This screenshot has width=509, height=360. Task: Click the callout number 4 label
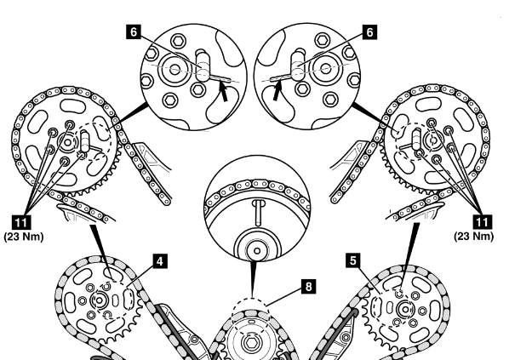tap(160, 261)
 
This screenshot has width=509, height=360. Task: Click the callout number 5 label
tap(353, 260)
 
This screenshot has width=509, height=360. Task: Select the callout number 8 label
tap(308, 287)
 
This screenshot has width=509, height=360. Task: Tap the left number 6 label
tap(134, 32)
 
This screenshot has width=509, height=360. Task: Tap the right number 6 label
tap(370, 32)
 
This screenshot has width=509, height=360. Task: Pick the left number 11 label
tap(21, 223)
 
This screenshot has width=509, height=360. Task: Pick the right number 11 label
tap(482, 222)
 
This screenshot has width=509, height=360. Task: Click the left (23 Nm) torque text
tap(24, 237)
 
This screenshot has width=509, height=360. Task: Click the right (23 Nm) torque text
tap(474, 237)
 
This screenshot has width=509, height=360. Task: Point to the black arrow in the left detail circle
tap(223, 92)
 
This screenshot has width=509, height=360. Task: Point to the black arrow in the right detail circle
tap(277, 91)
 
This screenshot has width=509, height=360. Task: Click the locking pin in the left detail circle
tap(203, 66)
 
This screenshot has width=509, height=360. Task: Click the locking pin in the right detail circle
tap(298, 65)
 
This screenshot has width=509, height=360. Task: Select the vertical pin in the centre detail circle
tap(258, 213)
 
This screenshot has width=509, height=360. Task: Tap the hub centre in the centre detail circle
tap(257, 251)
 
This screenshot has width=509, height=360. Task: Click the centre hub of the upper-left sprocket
tap(67, 142)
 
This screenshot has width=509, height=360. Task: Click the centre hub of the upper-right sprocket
tap(433, 140)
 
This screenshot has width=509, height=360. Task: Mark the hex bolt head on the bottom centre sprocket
tap(251, 343)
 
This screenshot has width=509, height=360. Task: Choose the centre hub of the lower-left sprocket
tap(99, 300)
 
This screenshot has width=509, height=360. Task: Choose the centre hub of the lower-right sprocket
tap(405, 310)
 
